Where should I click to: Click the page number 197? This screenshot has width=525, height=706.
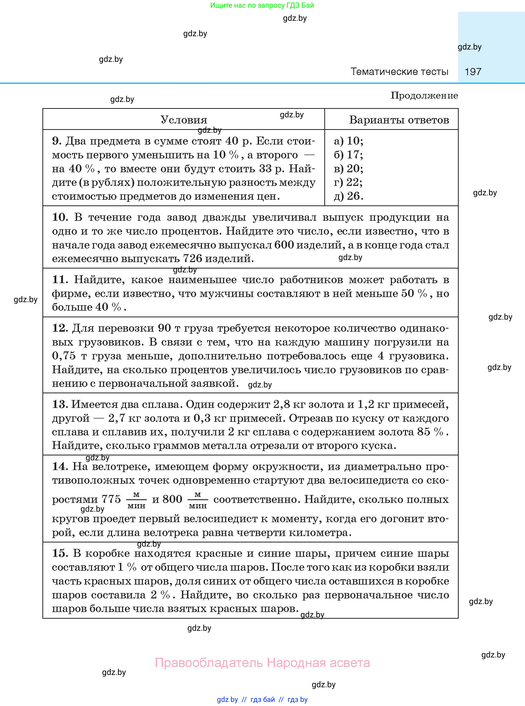click(x=473, y=72)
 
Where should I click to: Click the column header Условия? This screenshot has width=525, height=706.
click(x=184, y=120)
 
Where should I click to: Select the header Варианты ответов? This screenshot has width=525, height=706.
click(x=399, y=120)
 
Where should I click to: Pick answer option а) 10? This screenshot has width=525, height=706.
click(x=348, y=141)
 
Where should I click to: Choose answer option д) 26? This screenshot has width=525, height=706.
click(x=348, y=196)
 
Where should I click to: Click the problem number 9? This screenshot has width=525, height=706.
click(x=56, y=141)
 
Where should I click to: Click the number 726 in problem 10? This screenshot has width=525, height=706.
click(x=192, y=259)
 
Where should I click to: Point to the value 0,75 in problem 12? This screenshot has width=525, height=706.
click(x=64, y=356)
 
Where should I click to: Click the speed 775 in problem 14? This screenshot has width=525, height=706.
click(x=111, y=499)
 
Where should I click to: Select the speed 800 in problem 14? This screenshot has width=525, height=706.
click(x=172, y=499)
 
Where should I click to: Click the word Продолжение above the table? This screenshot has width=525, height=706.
click(x=424, y=96)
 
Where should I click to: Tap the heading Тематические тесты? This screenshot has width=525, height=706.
click(x=399, y=72)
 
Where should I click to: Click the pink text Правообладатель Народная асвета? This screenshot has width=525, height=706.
click(x=262, y=663)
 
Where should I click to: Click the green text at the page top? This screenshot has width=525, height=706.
click(x=262, y=5)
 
